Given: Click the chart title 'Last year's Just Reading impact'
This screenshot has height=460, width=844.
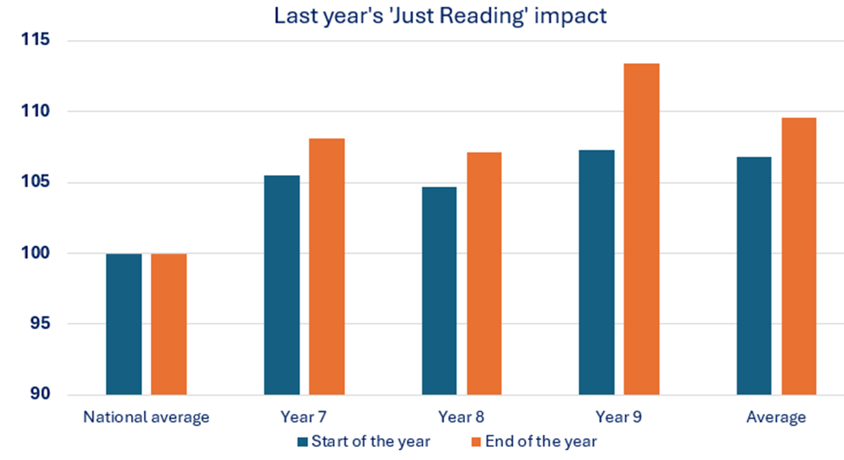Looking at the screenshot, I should [440, 16].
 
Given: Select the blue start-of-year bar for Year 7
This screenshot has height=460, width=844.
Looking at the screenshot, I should [282, 285].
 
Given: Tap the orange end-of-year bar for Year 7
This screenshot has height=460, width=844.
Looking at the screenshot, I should [326, 266].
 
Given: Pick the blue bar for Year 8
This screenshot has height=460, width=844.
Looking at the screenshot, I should [439, 291].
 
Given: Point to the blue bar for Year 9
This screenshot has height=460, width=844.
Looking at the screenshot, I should [597, 272].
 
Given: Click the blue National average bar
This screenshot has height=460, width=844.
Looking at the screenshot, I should [124, 324].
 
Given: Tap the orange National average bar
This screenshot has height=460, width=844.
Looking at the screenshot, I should [168, 324].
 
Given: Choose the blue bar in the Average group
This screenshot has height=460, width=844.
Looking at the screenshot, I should [754, 275].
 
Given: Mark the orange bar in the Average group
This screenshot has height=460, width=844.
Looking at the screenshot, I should [799, 256].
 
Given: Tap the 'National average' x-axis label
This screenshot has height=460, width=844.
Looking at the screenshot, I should [146, 417].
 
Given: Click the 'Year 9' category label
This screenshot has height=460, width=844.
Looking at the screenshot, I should [619, 417].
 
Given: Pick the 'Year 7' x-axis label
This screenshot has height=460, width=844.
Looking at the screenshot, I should [304, 417].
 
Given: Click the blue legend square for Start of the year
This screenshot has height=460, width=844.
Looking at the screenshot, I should [302, 442].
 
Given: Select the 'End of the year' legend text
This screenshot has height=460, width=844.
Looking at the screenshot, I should [541, 442].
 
